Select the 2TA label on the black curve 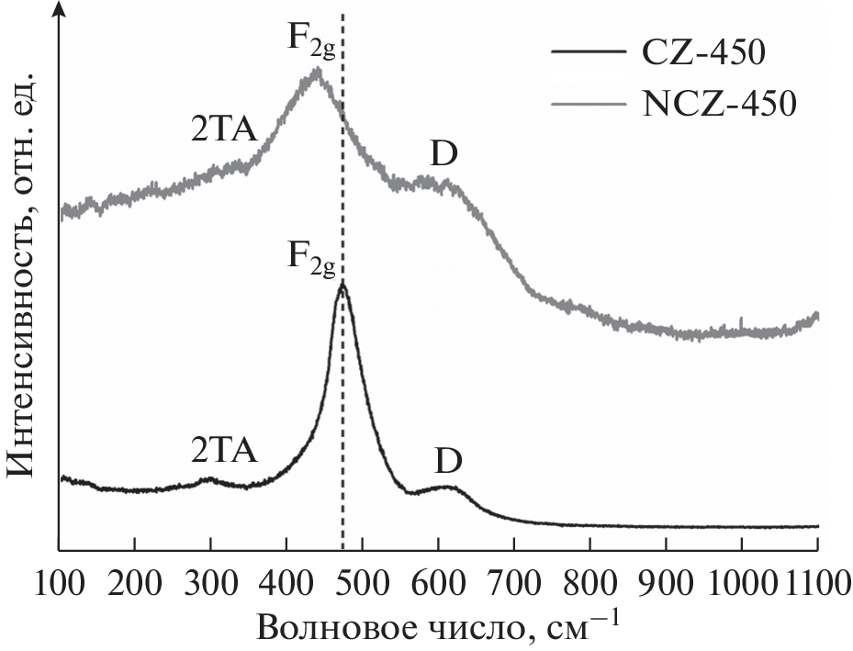pyautogui.click(x=225, y=450)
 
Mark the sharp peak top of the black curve pyautogui.click(x=342, y=283)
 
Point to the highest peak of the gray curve pyautogui.click(x=318, y=70)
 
